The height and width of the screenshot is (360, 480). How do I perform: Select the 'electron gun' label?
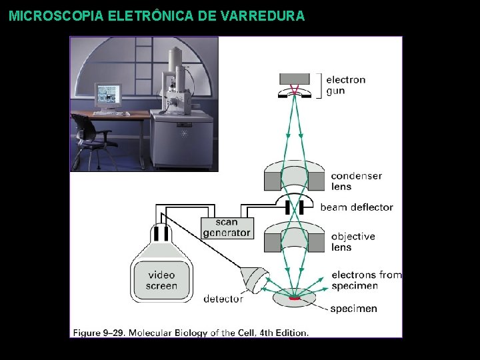pyautogui.click(x=345, y=85)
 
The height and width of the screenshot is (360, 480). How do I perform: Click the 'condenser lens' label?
pyautogui.click(x=356, y=181)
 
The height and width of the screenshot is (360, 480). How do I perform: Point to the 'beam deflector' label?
pyautogui.click(x=357, y=207)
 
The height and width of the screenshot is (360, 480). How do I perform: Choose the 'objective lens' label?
pyautogui.click(x=353, y=241)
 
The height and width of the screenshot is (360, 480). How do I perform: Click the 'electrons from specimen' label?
pyautogui.click(x=366, y=280)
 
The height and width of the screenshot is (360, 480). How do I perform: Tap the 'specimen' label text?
pyautogui.click(x=353, y=309)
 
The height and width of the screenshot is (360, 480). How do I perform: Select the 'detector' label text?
pyautogui.click(x=223, y=299)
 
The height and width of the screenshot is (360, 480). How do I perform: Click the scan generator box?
pyautogui.click(x=227, y=227)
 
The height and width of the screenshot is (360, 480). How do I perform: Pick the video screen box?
pyautogui.click(x=161, y=280)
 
